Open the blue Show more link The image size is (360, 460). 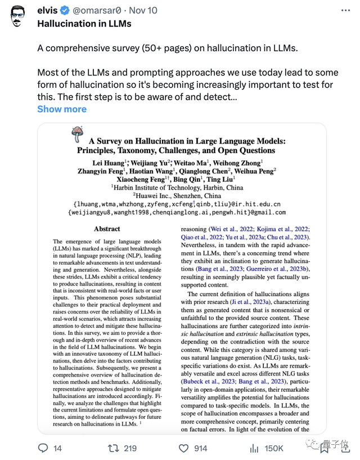(62, 109)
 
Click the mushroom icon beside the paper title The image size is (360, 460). (77, 135)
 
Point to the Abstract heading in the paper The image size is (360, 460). (107, 229)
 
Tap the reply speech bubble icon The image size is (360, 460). (43, 448)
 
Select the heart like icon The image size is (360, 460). (183, 448)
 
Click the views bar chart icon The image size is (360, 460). (253, 448)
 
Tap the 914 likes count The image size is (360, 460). (200, 448)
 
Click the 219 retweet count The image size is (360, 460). (130, 448)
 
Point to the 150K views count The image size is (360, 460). (274, 448)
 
